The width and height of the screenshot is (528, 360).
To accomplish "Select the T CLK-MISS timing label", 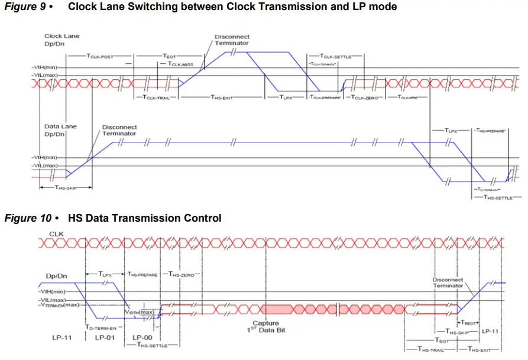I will tap(180, 64).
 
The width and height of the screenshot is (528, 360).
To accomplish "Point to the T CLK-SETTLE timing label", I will tap(335, 56).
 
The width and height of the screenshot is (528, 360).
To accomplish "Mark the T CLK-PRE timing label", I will tap(407, 98).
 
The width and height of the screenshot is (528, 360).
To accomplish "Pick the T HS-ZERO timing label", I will tap(184, 274).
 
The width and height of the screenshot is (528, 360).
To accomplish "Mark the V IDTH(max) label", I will tap(140, 312).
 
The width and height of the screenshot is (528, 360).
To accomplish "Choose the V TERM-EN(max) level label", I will tap(59, 305).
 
